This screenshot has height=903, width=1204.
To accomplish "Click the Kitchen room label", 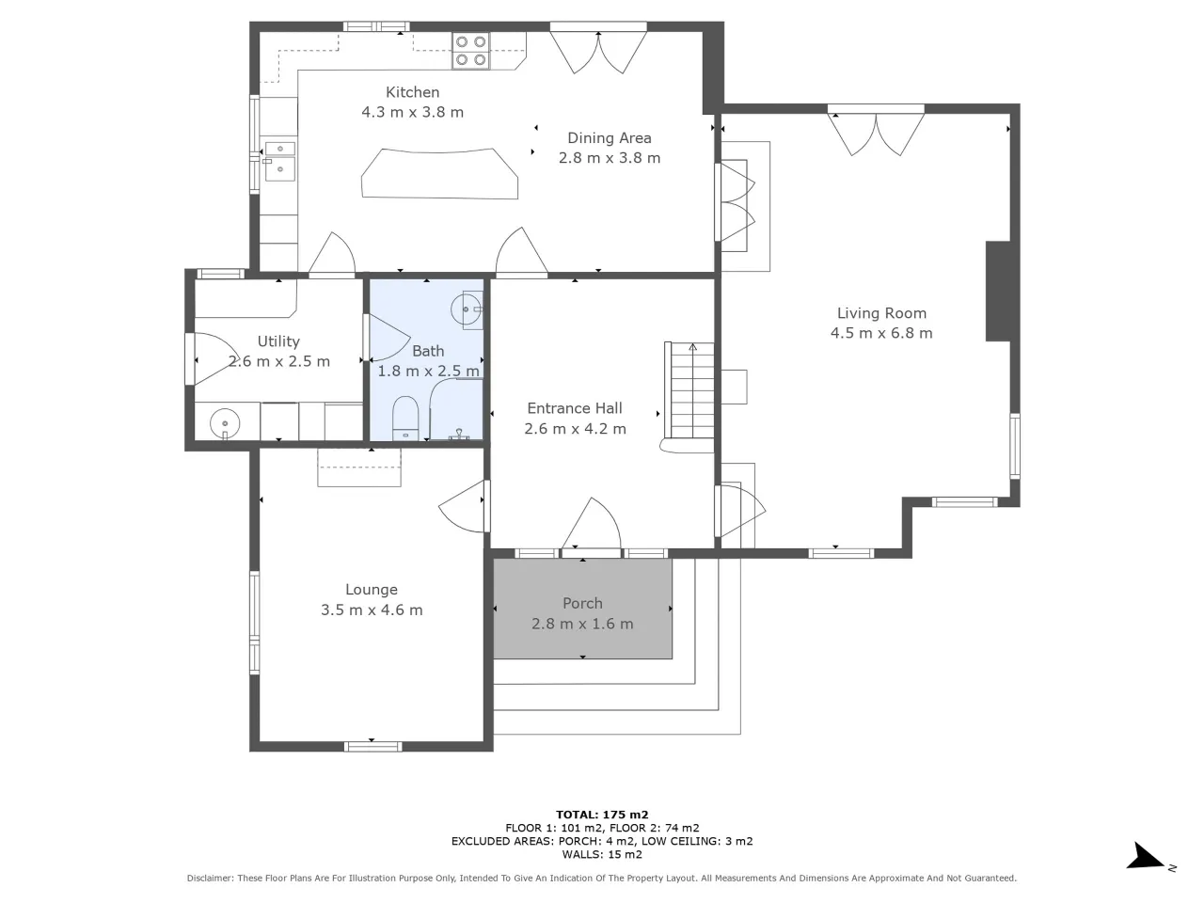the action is [412, 92].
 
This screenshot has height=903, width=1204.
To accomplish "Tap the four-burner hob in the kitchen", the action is [470, 51].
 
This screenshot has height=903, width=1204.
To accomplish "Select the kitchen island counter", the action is [439, 173].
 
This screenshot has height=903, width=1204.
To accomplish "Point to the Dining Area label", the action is [609, 138].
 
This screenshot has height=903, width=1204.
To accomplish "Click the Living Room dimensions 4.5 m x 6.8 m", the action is [881, 333].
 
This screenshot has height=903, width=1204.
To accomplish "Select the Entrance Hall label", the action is [575, 408].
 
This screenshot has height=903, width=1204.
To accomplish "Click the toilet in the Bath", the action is [405, 419].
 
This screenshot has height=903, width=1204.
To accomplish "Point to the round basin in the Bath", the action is [467, 309].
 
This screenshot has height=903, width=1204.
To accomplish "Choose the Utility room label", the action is [278, 341].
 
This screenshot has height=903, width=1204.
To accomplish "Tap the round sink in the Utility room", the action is [225, 424].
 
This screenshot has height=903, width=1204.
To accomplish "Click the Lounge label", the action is [372, 590].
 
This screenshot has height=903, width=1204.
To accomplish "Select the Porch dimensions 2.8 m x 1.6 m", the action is [582, 624].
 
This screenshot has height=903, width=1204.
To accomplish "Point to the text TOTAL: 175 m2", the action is [602, 815].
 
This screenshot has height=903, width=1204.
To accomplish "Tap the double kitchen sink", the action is [279, 161].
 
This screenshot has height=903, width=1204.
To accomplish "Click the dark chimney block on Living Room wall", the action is [998, 292].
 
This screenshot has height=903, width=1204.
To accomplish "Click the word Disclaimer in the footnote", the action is [210, 878].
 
